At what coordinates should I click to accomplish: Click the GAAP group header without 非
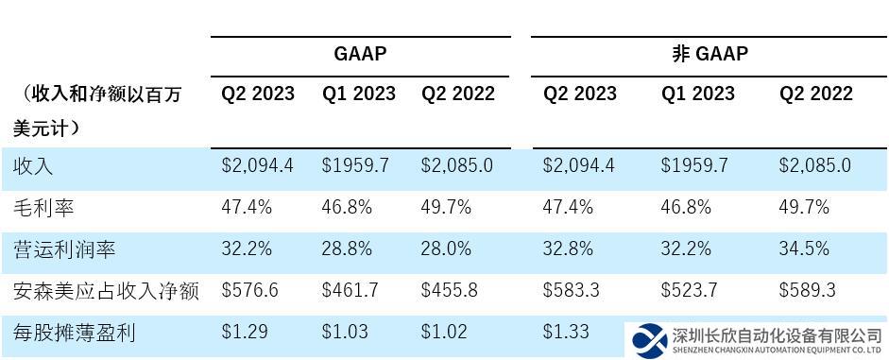(360, 54)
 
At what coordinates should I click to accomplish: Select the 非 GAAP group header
(709, 54)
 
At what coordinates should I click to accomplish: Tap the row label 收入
(33, 165)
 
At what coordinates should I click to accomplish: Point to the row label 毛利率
(43, 207)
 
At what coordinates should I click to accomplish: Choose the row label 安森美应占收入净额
(106, 290)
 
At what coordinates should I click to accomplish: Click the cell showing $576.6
(250, 290)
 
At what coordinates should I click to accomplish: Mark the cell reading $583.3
(572, 290)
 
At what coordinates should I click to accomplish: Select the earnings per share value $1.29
(245, 332)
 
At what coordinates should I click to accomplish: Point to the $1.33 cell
(566, 332)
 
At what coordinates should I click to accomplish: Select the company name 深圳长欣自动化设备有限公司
(777, 334)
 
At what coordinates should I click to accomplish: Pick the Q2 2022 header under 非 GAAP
(815, 94)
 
